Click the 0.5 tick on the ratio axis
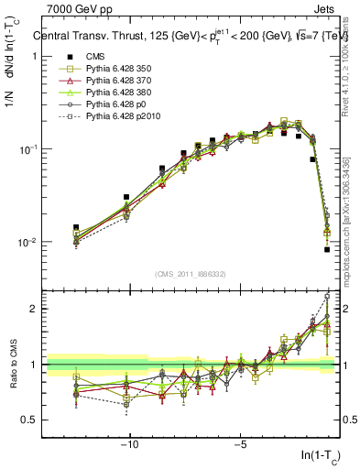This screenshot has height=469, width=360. point(30,420)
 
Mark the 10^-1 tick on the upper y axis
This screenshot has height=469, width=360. point(29,149)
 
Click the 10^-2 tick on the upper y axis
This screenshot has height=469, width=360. point(29,243)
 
